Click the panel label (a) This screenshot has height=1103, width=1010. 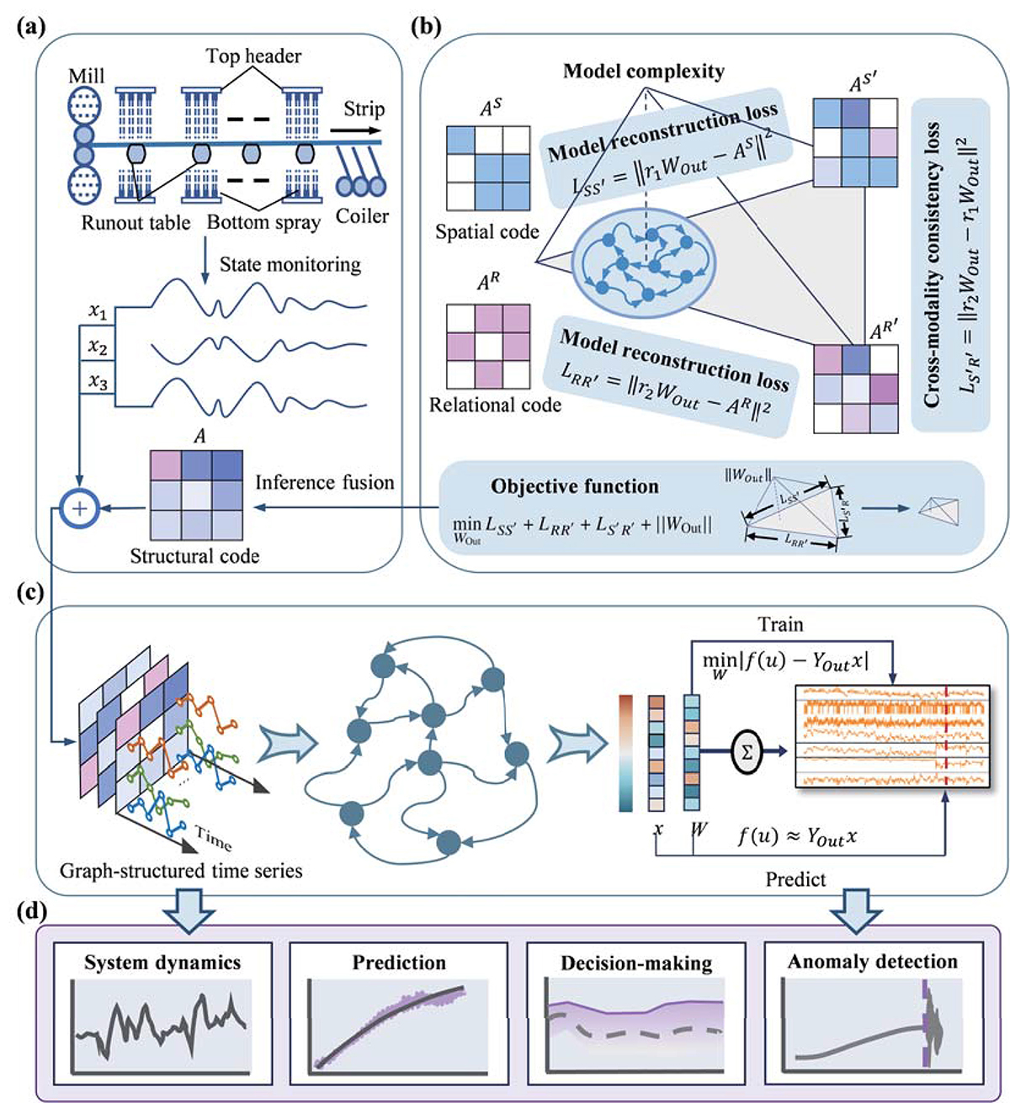coord(30,24)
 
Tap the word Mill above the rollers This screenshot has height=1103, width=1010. coord(87,77)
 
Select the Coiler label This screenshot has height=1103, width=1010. coord(362,216)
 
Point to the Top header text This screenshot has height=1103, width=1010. coord(254,56)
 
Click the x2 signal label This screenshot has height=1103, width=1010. coord(98,347)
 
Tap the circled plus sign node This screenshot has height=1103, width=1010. coord(82,508)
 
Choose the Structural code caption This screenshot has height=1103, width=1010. coord(194,556)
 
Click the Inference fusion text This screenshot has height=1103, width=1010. coord(325,483)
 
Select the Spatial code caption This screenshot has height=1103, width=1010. coord(487,232)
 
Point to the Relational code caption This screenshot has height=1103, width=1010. coord(495,406)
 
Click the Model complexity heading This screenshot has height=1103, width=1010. coord(643,71)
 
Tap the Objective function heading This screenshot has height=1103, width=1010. coord(575,486)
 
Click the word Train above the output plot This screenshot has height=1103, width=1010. coord(780,625)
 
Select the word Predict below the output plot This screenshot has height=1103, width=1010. coord(795,879)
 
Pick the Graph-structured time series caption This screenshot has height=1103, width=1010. coord(181,870)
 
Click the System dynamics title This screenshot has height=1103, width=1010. coord(162,962)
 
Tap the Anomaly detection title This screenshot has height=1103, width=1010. coord(872,962)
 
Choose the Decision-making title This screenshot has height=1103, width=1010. coord(636,963)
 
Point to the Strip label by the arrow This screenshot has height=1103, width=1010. coord(364,109)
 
